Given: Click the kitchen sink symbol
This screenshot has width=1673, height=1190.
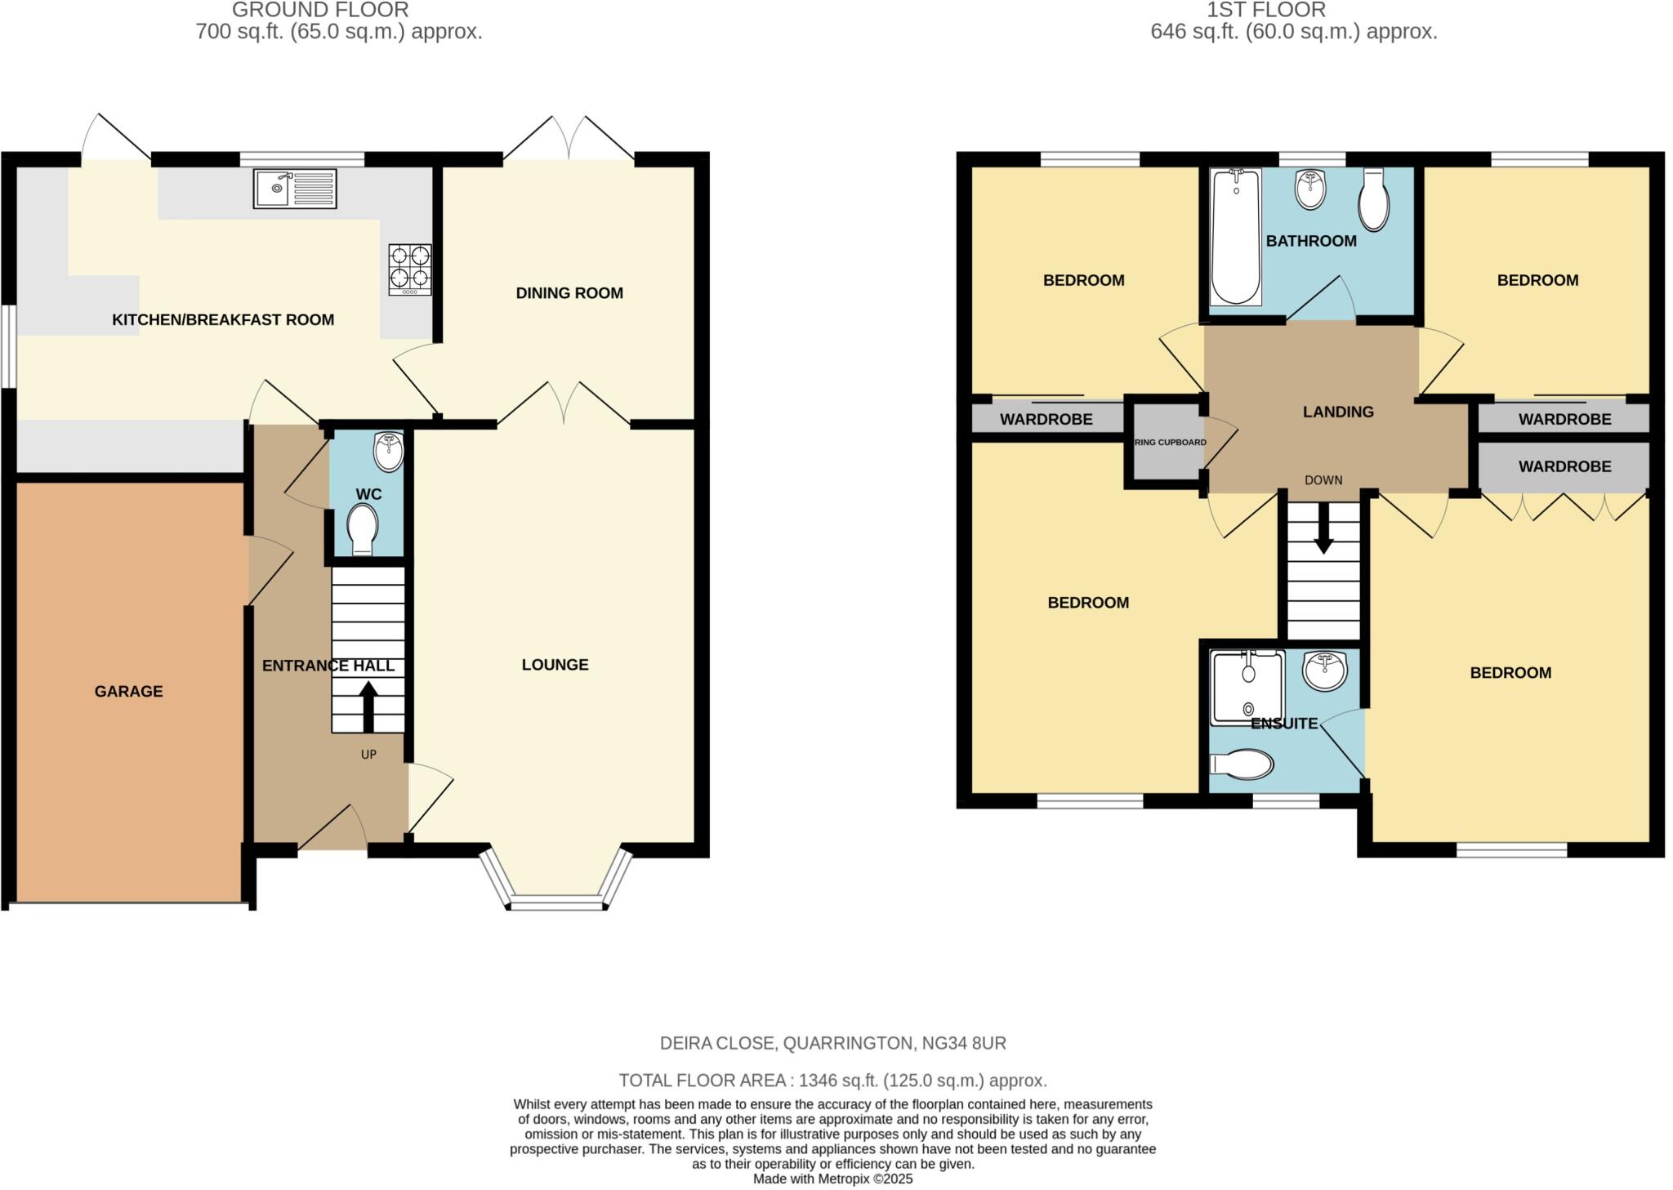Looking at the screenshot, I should pyautogui.click(x=295, y=189).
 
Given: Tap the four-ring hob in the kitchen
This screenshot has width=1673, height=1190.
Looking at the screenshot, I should pyautogui.click(x=410, y=270).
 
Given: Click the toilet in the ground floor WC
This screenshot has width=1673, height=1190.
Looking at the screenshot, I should pyautogui.click(x=362, y=528).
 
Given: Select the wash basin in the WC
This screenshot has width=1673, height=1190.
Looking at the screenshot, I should pyautogui.click(x=389, y=452).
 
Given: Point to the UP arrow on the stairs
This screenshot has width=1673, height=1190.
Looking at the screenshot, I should pyautogui.click(x=368, y=706).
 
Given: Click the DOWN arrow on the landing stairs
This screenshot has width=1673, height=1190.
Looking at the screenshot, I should pyautogui.click(x=1323, y=529).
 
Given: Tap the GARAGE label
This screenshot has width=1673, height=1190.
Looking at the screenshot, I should pyautogui.click(x=129, y=692).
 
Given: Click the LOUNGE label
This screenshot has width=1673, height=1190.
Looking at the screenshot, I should pyautogui.click(x=555, y=665).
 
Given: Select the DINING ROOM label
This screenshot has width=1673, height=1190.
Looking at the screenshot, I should pyautogui.click(x=569, y=293).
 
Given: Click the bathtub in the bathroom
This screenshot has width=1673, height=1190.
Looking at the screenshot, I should pyautogui.click(x=1235, y=237).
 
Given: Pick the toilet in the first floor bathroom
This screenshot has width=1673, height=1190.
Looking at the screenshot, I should pyautogui.click(x=1374, y=200).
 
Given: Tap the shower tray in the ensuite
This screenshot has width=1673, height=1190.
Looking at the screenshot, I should pyautogui.click(x=1247, y=686).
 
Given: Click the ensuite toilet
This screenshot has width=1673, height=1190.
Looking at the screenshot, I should pyautogui.click(x=1242, y=765).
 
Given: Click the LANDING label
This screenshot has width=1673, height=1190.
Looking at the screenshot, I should pyautogui.click(x=1338, y=412).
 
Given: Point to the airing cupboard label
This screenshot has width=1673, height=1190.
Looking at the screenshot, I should pyautogui.click(x=1170, y=443).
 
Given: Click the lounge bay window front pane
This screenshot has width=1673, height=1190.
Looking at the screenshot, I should pyautogui.click(x=557, y=903).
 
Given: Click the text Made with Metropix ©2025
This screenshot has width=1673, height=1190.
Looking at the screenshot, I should pyautogui.click(x=832, y=1179).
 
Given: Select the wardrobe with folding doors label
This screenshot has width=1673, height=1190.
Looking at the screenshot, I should pyautogui.click(x=1564, y=467).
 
